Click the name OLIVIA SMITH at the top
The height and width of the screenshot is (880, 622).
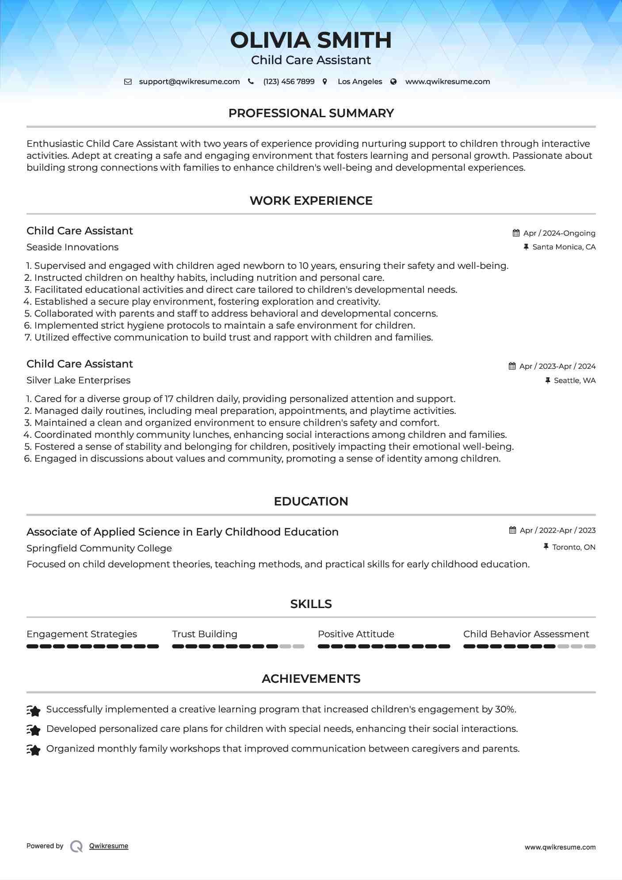pos(311,40)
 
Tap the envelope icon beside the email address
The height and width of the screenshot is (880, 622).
pos(128,82)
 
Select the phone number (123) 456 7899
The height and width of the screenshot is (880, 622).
pos(289,82)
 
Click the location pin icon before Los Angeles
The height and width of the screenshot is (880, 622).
pos(325,82)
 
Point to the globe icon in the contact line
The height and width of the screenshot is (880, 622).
pos(393,82)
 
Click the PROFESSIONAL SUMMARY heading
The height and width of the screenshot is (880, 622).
pos(311,113)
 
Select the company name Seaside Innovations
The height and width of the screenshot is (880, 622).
pos(73,247)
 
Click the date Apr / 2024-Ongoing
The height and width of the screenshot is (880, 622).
pos(559,233)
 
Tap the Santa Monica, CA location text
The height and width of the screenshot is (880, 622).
pos(564,247)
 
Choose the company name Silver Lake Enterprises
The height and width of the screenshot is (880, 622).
pos(78,380)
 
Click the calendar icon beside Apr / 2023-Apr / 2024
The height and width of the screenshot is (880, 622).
pos(512,366)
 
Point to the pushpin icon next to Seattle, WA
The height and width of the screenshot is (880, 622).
pos(548,380)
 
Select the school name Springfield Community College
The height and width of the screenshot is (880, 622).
pos(99,548)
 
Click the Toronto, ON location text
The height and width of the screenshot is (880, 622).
pos(574,547)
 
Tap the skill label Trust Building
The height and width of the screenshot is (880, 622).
pos(205,634)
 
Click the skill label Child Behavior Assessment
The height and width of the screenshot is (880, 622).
pos(526,634)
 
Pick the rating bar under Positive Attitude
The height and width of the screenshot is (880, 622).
pos(384,647)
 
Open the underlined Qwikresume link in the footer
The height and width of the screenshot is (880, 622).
pos(109,846)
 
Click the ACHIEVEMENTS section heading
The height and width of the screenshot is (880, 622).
pos(311,679)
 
